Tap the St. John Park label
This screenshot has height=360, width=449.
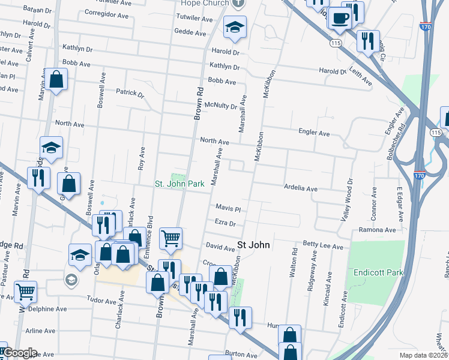[x=180, y=184]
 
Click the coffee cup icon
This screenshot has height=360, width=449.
[x=340, y=18]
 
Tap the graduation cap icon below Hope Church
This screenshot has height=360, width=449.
[x=235, y=26]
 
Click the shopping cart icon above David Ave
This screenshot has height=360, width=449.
[x=171, y=238]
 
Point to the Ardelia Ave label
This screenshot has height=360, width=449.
[x=300, y=189]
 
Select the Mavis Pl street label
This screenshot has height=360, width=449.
[x=228, y=209]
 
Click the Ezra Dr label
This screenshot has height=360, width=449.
[x=225, y=223]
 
